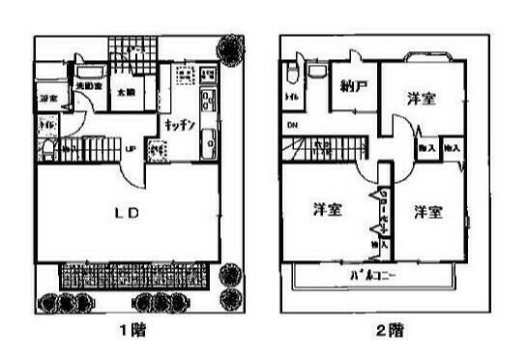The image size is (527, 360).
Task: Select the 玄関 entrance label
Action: point(126,94)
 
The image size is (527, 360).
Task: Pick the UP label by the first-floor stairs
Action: point(130,147)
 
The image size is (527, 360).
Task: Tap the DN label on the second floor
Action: point(292,127)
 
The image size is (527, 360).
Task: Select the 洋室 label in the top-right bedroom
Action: point(420,99)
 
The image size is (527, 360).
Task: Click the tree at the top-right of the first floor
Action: point(232,47)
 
